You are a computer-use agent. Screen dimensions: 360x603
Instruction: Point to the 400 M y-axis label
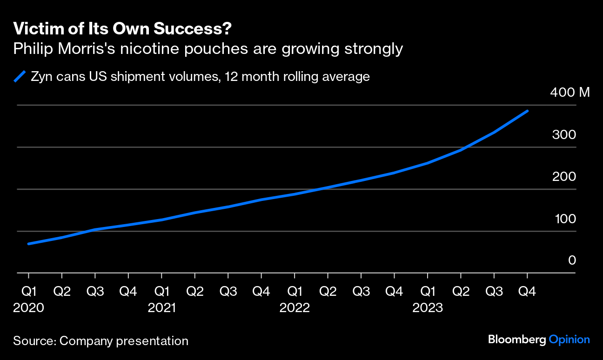[x=569, y=93]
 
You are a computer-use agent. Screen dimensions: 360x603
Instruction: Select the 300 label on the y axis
[x=563, y=135]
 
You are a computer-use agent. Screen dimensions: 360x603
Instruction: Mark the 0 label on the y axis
[x=572, y=260]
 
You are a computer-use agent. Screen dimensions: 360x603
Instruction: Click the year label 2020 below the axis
[x=29, y=308]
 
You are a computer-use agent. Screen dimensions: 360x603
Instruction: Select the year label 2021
[x=161, y=308]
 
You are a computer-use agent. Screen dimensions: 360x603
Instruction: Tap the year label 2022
[x=295, y=308]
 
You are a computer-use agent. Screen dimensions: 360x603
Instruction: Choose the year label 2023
[x=427, y=308]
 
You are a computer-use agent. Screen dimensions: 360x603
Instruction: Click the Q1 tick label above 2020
[x=29, y=292]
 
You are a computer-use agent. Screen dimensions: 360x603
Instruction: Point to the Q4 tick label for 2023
[x=527, y=292]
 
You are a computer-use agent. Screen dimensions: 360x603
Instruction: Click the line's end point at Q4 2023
[x=527, y=111]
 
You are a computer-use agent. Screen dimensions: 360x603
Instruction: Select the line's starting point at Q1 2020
[x=29, y=244]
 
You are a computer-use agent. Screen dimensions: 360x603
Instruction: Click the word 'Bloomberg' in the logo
[x=516, y=340]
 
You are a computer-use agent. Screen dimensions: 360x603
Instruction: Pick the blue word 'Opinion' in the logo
[x=569, y=340]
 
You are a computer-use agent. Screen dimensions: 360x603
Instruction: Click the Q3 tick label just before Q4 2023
[x=494, y=292]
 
